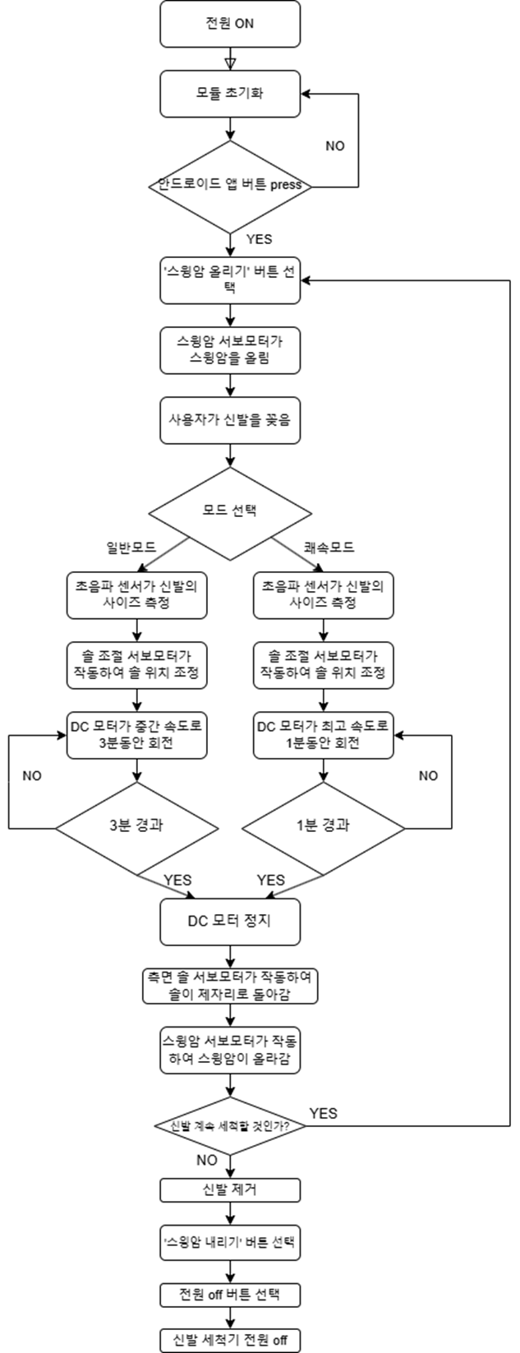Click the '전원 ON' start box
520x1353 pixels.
pos(230,24)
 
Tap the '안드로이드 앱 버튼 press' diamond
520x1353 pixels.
pos(230,186)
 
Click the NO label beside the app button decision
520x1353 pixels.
pos(335,146)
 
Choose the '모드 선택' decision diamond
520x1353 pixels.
pos(230,510)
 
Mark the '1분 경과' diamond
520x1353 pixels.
pos(323,824)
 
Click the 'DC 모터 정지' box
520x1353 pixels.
pos(230,921)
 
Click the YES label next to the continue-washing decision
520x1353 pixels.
pos(323,1113)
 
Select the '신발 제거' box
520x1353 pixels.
pos(230,1190)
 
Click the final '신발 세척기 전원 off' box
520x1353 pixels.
pos(230,1340)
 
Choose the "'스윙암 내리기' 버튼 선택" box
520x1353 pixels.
pos(230,1244)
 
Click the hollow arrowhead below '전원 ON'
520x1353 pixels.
pos(230,62)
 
